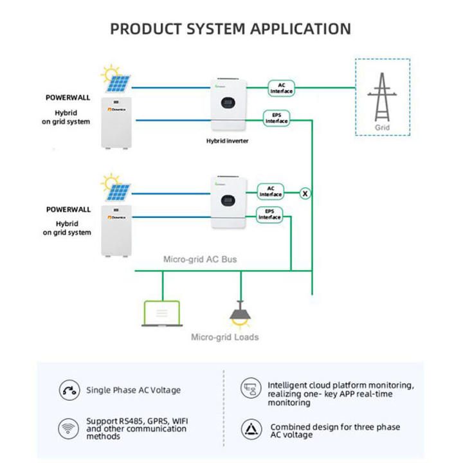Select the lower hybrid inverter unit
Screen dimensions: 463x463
pos(230,203)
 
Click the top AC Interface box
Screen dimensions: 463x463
pos(281,88)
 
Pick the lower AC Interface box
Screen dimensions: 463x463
pos(271,191)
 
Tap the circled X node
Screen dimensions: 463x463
pos(305,192)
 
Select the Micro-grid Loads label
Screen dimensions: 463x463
pos(224,337)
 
